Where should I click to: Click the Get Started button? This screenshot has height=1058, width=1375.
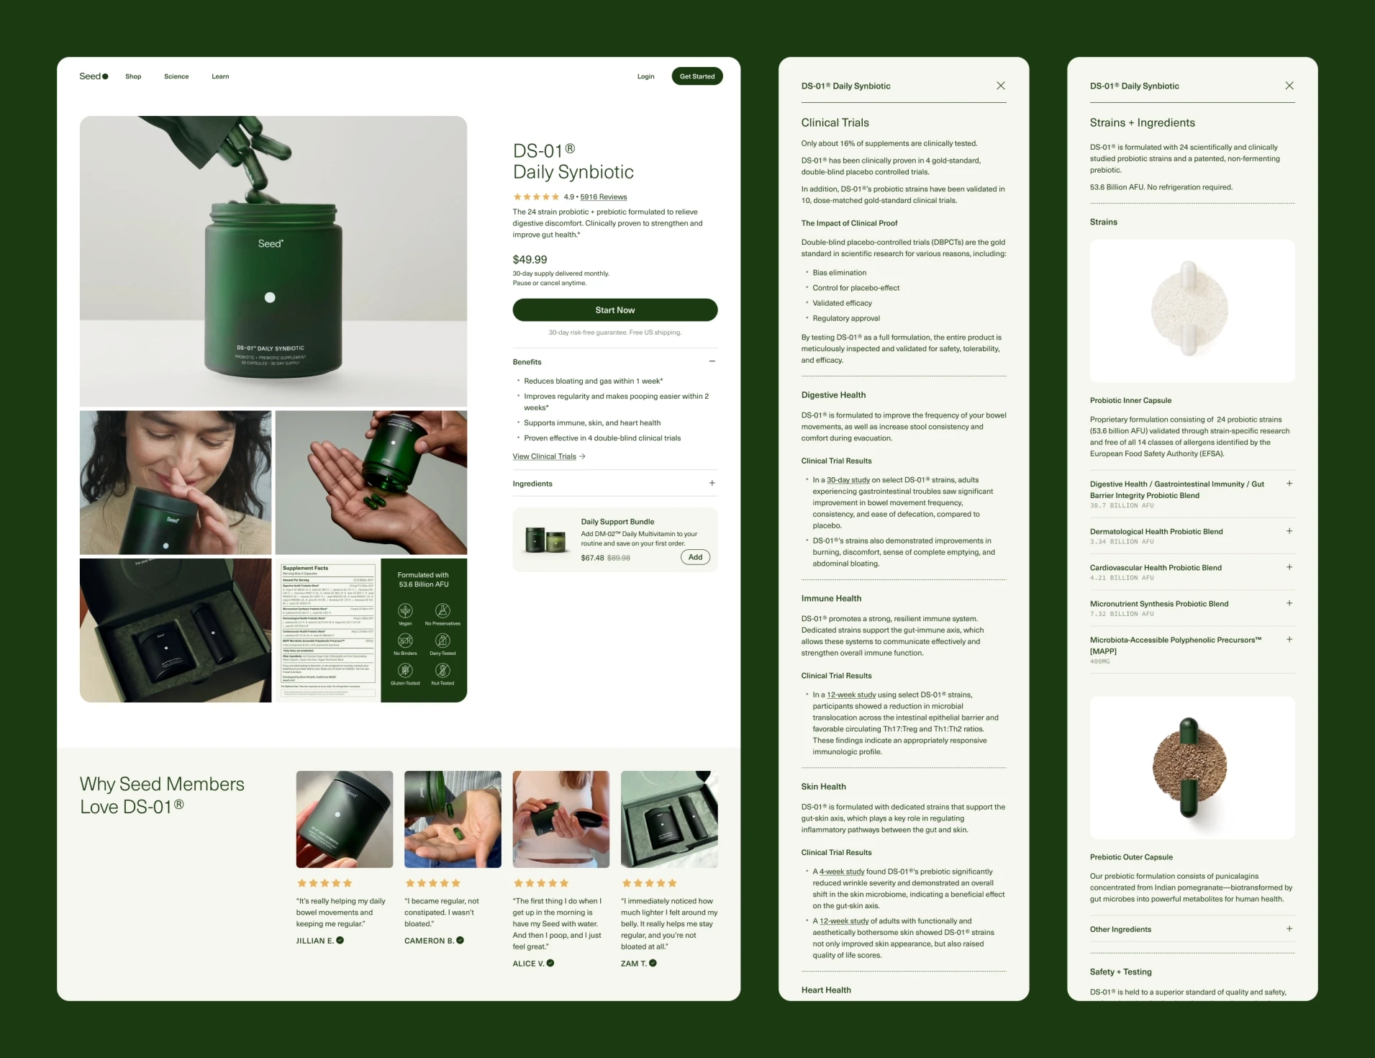click(696, 76)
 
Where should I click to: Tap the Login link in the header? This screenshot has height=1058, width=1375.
click(645, 76)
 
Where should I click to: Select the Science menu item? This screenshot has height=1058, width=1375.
click(176, 76)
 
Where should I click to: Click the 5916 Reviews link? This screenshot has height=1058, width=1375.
click(603, 197)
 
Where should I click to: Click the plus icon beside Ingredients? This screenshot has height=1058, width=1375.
click(712, 484)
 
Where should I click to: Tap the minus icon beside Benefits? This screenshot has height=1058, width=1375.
click(712, 362)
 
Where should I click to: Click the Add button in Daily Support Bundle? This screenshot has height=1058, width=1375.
click(694, 557)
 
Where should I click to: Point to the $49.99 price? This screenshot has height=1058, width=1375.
click(530, 260)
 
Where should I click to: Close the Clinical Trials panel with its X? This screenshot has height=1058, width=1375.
click(1000, 86)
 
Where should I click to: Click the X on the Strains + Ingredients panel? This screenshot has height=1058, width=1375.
click(1289, 86)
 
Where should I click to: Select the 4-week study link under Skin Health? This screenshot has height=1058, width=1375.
click(841, 872)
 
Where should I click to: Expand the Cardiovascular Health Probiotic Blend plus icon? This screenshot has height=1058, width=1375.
click(1289, 568)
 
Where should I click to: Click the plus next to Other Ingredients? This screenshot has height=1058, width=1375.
click(1289, 929)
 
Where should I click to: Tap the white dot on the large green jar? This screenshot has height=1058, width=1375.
click(270, 297)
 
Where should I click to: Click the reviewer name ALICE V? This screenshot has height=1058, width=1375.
click(528, 964)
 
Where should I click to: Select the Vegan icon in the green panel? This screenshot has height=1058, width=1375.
click(405, 612)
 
